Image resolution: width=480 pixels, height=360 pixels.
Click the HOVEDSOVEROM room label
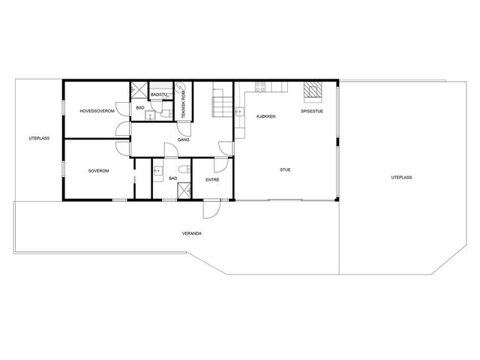pos(97,111)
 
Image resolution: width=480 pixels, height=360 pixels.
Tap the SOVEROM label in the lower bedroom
pos(98,171)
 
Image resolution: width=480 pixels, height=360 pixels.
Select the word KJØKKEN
pos(266,116)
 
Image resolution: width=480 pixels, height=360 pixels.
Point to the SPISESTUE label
pos(312,111)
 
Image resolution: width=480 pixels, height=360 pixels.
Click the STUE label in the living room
pos(285,169)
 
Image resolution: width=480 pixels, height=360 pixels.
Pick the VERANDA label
pos(192,233)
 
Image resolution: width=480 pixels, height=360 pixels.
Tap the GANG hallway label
pos(183,139)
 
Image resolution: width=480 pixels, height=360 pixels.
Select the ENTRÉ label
pos(212,180)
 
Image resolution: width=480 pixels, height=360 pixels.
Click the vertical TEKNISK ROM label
pos(184,100)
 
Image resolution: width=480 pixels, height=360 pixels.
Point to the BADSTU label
pos(159,95)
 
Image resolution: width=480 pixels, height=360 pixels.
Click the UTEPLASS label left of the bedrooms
pos(39,138)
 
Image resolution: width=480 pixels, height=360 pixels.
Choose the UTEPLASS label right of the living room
pos(401,177)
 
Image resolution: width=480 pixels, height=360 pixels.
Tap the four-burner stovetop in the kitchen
pos(260,87)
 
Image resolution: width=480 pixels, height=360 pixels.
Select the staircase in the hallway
pos(223,102)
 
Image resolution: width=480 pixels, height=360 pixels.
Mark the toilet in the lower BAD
pos(184,169)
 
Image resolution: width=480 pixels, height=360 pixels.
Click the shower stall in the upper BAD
pos(139,90)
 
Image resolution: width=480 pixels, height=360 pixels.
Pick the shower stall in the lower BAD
pos(184,190)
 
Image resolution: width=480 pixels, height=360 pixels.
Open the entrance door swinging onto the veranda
pos(211,209)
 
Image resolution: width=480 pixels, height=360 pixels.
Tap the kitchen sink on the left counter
pos(240,112)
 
